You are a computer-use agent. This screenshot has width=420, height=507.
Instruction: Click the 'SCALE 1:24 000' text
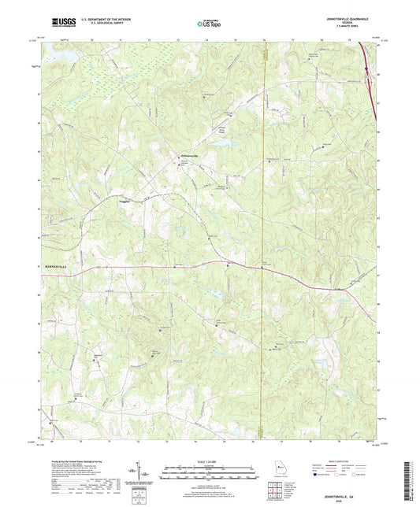click(x=210, y=461)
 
